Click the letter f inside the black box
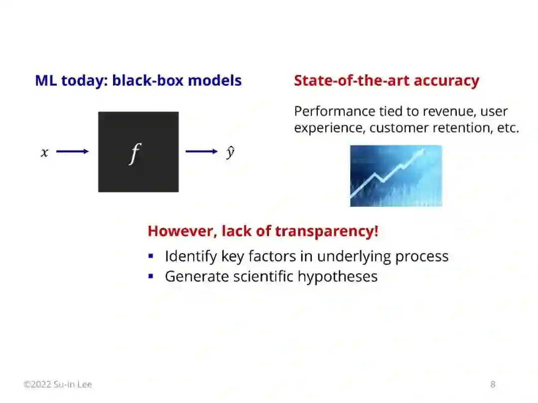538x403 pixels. coord(135,153)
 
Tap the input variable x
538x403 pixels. coord(45,152)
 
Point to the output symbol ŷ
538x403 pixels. coord(230,152)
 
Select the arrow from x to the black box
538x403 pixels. coord(72,151)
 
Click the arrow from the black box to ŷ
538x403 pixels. coord(202,151)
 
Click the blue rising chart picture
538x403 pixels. coord(396,176)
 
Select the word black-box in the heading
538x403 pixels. coord(148,81)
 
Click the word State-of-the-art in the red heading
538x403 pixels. coord(352,81)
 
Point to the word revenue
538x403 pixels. coord(449,112)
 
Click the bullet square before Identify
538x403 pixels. coord(151,256)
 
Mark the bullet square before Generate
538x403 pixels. coord(151,276)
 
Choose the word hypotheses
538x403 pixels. coord(338,277)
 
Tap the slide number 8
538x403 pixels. coord(493,384)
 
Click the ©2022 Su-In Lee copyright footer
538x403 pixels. coord(58,384)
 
